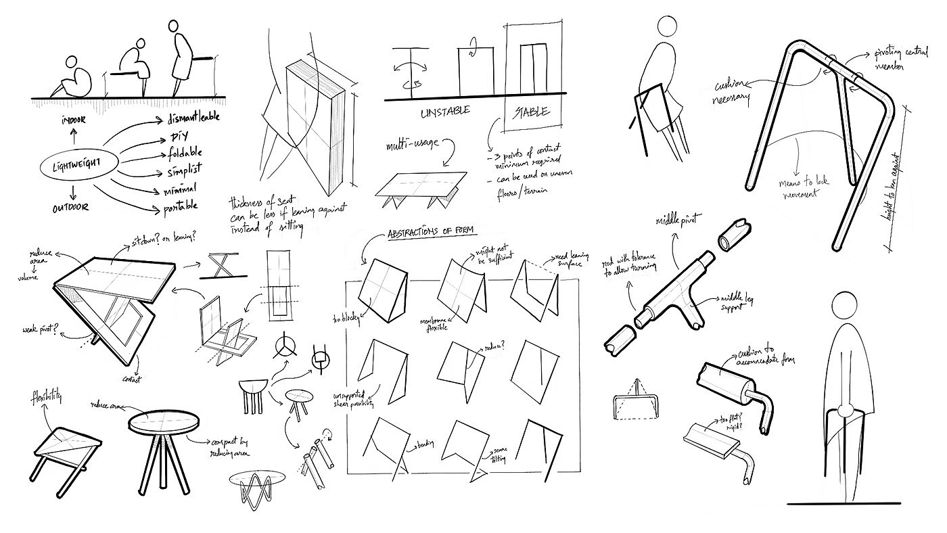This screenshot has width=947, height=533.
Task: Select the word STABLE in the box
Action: [x=531, y=111]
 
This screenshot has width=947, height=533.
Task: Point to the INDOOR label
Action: [x=75, y=121]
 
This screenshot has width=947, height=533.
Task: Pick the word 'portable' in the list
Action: [x=181, y=206]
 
